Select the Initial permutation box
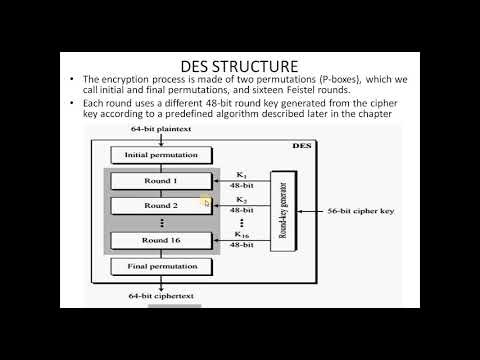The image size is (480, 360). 161,155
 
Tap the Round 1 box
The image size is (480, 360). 161,181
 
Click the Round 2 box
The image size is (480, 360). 161,205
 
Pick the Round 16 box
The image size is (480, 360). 161,240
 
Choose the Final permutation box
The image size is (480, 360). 161,267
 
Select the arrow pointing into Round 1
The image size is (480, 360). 240,181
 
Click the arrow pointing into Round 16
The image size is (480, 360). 240,241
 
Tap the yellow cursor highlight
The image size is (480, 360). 205,202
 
